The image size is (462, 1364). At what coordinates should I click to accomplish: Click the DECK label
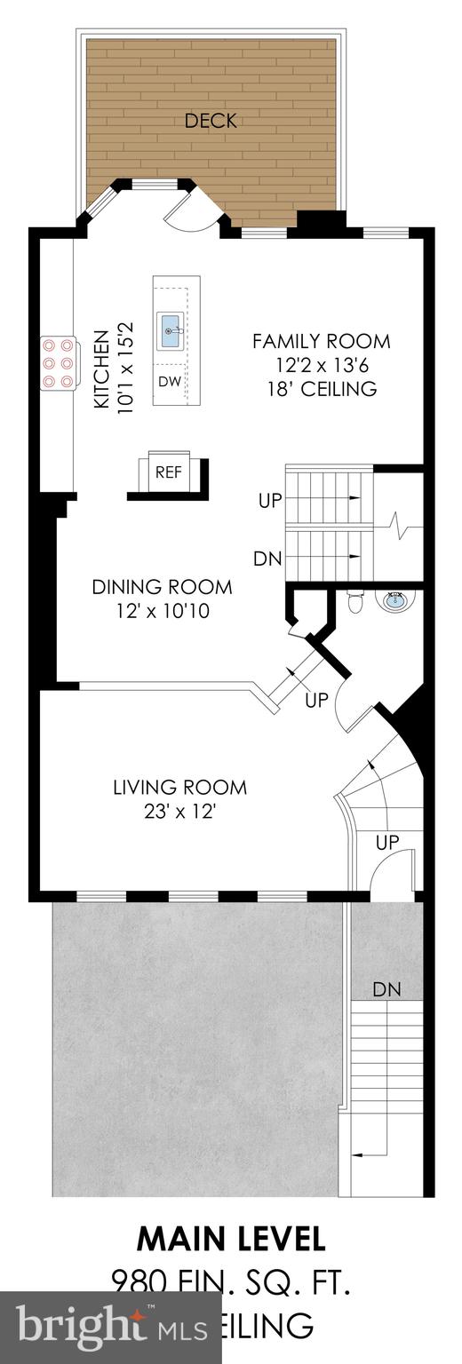click(x=211, y=121)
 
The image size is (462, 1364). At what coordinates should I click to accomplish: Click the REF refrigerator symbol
click(x=168, y=472)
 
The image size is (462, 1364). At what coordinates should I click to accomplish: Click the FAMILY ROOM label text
click(x=321, y=341)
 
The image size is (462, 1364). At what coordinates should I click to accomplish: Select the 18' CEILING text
click(x=321, y=389)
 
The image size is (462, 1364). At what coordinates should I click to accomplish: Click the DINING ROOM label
click(x=162, y=587)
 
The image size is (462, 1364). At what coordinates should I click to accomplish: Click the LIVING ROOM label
click(x=179, y=787)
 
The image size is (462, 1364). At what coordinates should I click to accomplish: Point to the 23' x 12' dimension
click(x=179, y=811)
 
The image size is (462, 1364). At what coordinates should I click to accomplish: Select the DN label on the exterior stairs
click(x=385, y=988)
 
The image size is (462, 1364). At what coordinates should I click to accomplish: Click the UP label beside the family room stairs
click(x=269, y=501)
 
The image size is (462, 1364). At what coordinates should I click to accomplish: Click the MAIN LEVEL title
click(x=230, y=1237)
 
